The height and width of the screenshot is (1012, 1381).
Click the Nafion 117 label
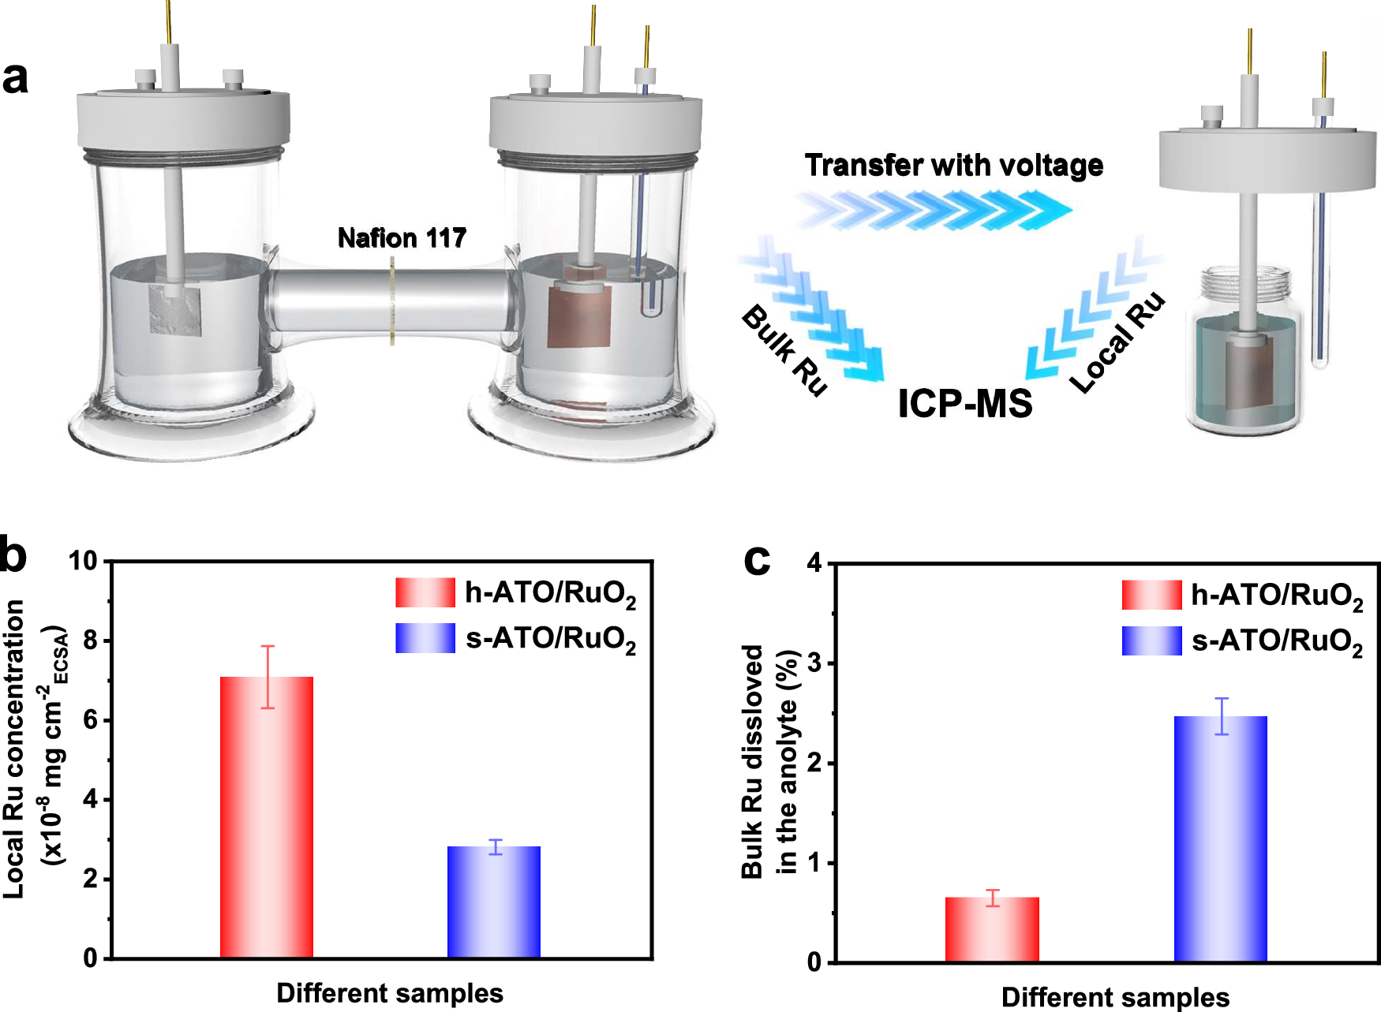402,237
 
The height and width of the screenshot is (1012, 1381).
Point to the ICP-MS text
965,403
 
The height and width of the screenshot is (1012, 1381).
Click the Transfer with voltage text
953,166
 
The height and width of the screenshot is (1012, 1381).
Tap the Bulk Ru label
784,349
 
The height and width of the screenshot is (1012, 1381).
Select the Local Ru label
1117,341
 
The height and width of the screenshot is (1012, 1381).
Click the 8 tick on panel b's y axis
90,640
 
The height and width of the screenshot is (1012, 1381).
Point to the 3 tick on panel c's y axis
814,663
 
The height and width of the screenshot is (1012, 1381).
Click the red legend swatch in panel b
425,592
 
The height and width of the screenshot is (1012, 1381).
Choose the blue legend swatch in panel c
1151,640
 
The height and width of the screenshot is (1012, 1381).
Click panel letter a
16,77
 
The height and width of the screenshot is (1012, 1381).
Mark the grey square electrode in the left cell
175,309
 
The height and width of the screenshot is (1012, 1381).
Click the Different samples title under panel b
390,993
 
